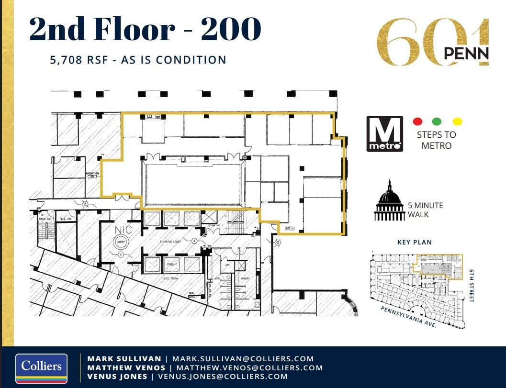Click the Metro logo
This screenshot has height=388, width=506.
point(384,133)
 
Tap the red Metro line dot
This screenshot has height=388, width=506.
point(417,122)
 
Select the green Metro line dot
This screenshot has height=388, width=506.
point(436,122)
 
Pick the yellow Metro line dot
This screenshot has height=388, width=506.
point(457,122)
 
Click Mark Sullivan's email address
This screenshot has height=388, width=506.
point(243,358)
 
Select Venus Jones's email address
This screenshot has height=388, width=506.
point(223,377)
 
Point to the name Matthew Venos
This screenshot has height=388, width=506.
point(126,367)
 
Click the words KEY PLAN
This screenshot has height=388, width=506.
point(414,242)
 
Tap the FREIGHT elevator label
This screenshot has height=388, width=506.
point(172,264)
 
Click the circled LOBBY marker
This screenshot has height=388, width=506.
point(120,242)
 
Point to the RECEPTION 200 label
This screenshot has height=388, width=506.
point(92,175)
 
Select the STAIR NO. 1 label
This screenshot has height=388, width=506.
point(209,226)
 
